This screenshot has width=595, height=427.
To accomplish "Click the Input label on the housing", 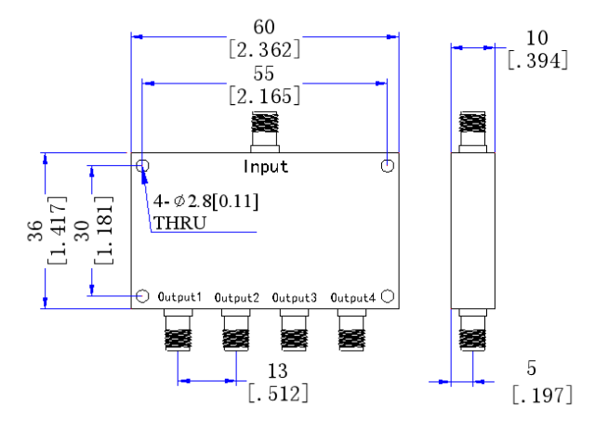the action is click(266, 167).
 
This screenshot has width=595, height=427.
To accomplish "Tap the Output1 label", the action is click(179, 297).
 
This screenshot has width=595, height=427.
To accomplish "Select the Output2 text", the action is click(237, 298).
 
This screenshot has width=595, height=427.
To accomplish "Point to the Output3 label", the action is click(295, 298).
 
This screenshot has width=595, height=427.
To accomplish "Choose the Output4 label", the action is click(353, 298).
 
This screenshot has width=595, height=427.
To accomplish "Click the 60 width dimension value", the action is click(264, 27).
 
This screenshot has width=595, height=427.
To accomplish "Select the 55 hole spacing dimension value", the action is click(264, 73).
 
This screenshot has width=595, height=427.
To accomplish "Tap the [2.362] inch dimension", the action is click(264, 49).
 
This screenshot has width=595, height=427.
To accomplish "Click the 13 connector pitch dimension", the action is click(278, 371).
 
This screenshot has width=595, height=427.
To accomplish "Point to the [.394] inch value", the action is click(537, 60).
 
